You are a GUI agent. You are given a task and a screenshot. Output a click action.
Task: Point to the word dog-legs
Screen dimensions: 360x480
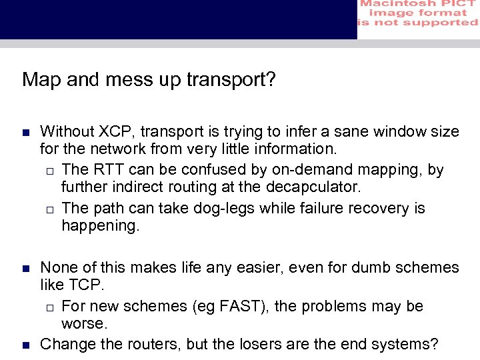(223, 208)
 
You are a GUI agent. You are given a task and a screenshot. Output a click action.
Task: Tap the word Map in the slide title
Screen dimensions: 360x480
(39, 80)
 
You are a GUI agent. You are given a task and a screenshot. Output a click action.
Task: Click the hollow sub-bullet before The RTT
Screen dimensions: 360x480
(50, 171)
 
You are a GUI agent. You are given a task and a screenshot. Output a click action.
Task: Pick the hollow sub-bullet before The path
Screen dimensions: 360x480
(50, 209)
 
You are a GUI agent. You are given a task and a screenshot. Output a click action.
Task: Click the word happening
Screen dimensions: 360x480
(101, 225)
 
